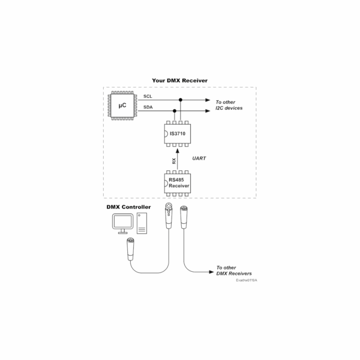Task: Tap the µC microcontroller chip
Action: [x=122, y=106]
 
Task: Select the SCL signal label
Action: [x=148, y=97]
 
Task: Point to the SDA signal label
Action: [x=148, y=107]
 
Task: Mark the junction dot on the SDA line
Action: [x=174, y=110]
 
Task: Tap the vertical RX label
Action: [x=174, y=161]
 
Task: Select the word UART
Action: [x=199, y=158]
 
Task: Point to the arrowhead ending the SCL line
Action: [x=208, y=100]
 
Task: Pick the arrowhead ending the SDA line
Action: [x=208, y=110]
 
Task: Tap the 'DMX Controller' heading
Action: [x=128, y=207]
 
